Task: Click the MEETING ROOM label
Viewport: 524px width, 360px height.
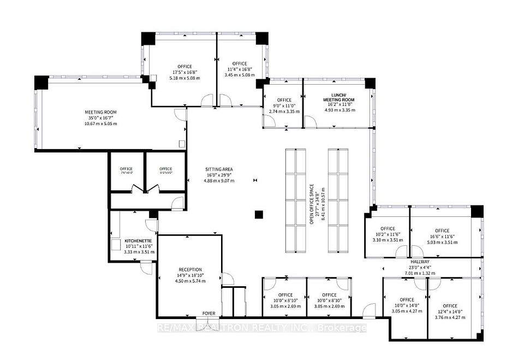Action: (100, 112)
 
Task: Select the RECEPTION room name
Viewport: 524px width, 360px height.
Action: (190, 269)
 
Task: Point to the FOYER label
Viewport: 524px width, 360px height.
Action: (209, 314)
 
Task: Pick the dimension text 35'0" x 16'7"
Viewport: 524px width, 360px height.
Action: (100, 117)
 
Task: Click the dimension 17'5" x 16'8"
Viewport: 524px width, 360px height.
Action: (184, 72)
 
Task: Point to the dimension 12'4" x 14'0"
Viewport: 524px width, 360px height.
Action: (450, 311)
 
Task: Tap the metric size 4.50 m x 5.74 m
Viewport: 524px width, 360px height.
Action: (190, 281)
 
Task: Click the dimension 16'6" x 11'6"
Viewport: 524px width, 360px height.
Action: (441, 236)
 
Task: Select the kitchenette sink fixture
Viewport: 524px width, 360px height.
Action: (116, 244)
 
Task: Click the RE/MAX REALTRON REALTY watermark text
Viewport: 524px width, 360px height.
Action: (262, 328)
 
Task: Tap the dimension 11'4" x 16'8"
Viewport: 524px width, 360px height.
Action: (239, 69)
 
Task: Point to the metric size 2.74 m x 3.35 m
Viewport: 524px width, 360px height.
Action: (284, 111)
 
